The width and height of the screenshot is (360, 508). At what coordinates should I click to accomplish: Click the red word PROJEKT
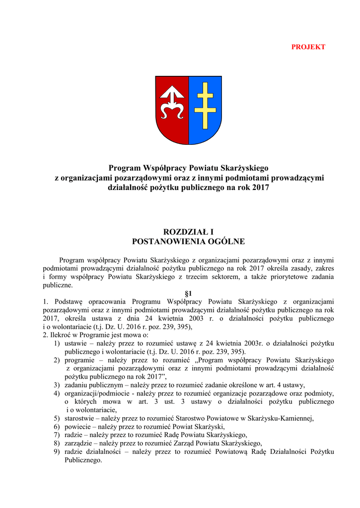tap(308, 47)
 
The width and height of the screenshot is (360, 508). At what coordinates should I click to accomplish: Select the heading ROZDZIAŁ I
tap(188, 232)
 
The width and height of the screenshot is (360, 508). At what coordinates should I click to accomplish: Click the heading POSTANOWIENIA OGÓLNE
tap(188, 242)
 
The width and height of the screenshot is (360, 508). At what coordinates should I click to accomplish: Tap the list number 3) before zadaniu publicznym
tap(57, 385)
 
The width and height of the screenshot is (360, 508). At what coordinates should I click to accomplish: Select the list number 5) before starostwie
tap(57, 418)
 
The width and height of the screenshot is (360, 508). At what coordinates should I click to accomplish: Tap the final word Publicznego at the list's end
tap(83, 460)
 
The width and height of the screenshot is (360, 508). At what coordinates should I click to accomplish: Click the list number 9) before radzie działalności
tap(57, 451)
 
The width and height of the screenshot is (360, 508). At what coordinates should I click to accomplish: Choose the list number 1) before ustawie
tap(57, 343)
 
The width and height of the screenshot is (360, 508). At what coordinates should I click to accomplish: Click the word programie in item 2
tap(80, 360)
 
